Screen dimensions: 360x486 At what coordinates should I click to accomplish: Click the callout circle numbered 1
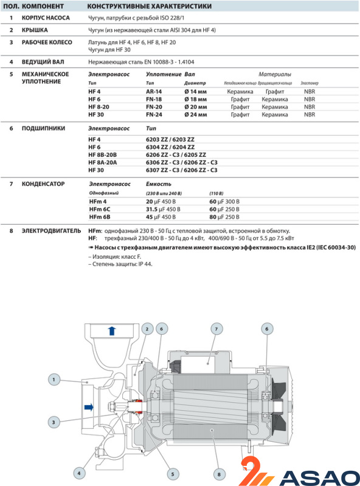click(x=54, y=379)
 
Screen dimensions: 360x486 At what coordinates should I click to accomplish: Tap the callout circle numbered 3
click(x=54, y=422)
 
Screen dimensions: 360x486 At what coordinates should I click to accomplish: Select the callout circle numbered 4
click(x=79, y=473)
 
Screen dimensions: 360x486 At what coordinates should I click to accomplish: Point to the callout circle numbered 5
click(x=173, y=474)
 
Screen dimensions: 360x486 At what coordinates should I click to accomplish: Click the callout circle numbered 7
click(x=216, y=329)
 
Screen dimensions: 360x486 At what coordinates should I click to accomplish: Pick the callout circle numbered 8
click(x=219, y=474)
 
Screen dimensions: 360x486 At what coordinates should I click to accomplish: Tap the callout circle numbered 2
click(x=147, y=329)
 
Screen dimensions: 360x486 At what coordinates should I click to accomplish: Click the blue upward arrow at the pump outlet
click(x=112, y=330)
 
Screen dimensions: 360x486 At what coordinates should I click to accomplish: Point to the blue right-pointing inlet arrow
click(x=89, y=407)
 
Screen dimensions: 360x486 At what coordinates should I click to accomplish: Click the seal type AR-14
click(x=154, y=92)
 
